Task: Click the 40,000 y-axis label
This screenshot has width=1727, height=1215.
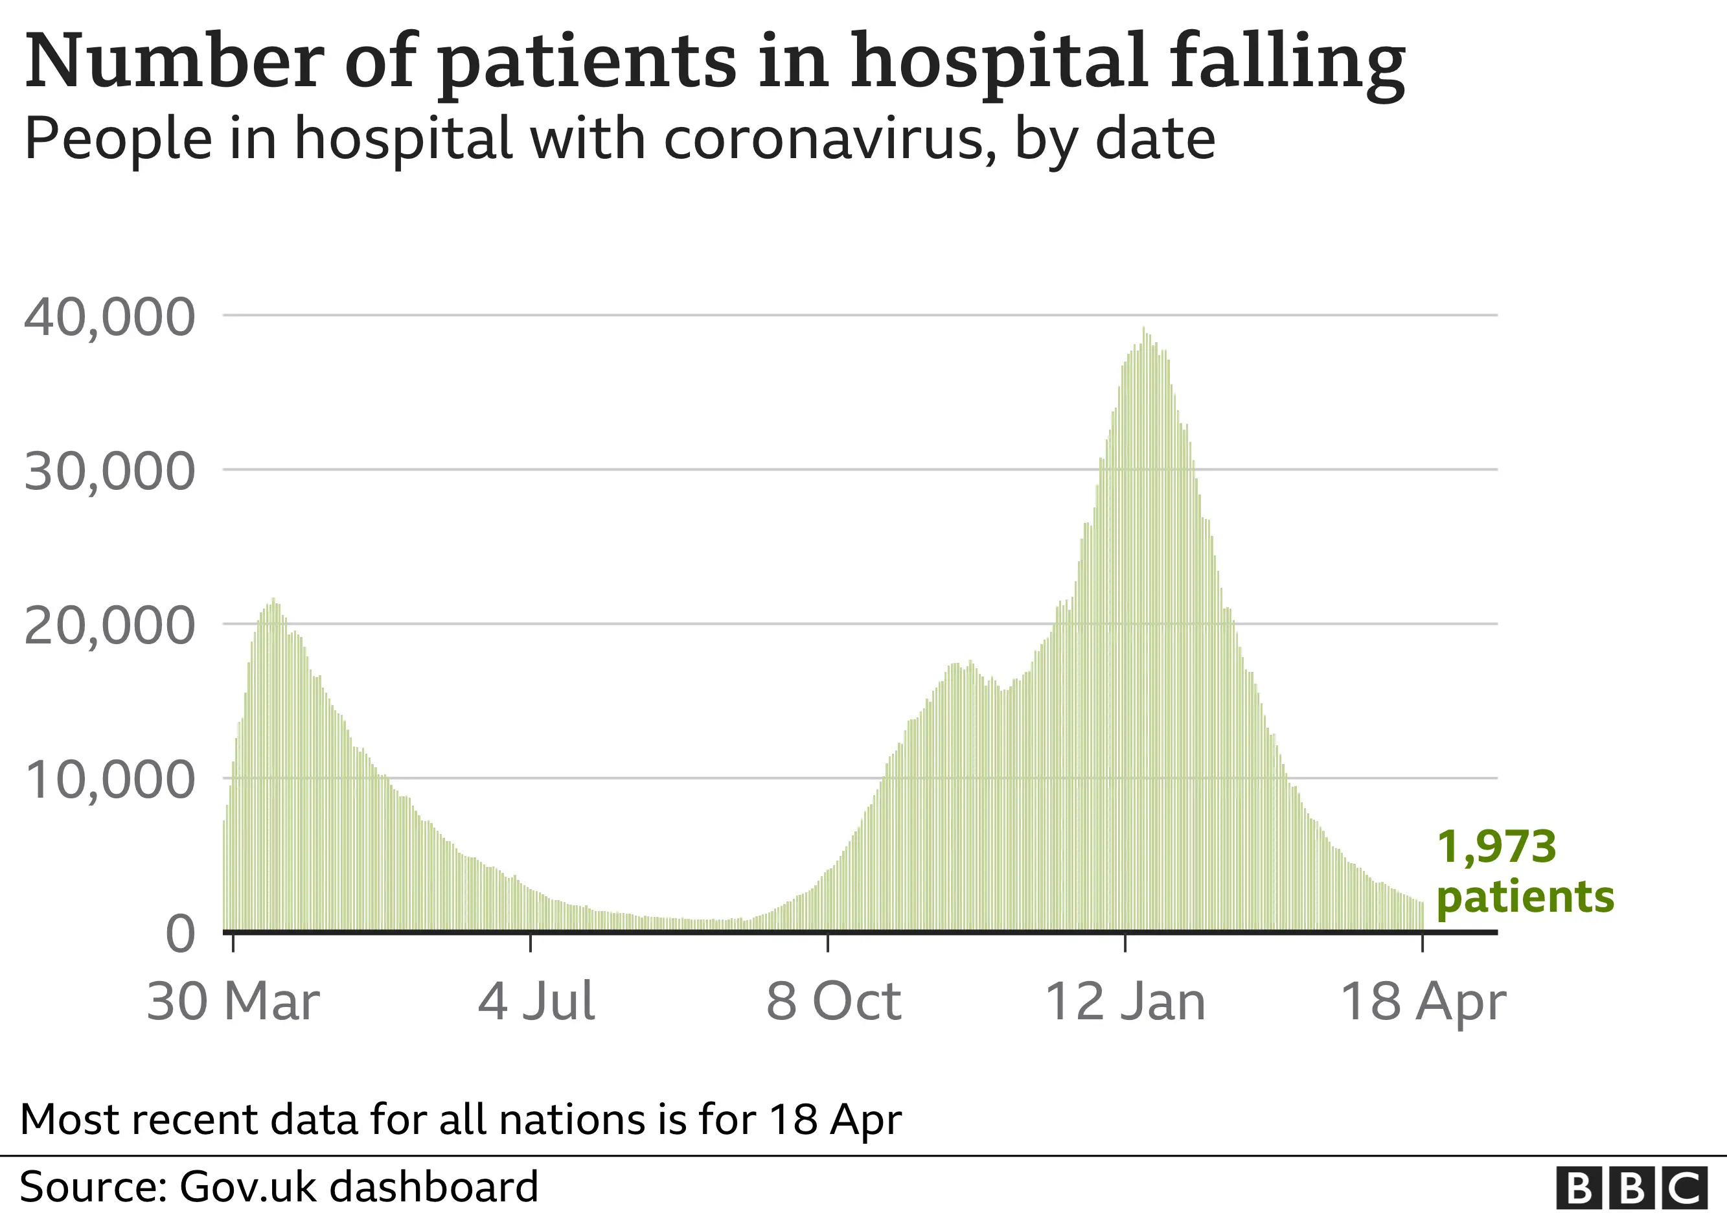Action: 110,317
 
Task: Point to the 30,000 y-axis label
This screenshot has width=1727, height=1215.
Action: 110,472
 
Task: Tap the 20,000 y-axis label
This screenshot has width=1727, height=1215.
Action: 110,626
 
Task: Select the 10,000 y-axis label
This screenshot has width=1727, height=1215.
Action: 110,780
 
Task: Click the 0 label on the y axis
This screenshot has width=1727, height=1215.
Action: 181,934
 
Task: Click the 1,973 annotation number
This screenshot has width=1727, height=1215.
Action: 1496,847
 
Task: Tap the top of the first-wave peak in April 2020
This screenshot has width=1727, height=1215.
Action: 273,599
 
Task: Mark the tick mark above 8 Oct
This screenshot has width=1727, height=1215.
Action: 828,943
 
